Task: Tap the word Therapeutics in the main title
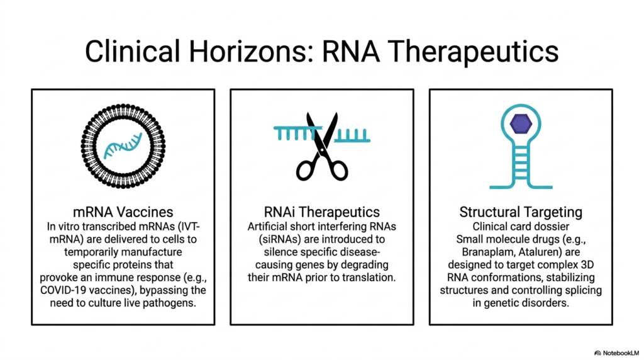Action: tap(473, 52)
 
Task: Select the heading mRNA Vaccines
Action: tap(123, 212)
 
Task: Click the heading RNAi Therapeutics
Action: tap(321, 212)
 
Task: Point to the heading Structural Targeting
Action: tap(521, 212)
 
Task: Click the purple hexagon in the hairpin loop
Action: tap(521, 124)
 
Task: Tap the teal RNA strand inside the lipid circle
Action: tap(123, 145)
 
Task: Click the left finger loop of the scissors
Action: tap(305, 171)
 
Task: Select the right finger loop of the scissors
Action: tap(339, 171)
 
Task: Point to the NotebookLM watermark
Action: tap(616, 353)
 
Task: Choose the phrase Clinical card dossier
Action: tap(521, 227)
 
